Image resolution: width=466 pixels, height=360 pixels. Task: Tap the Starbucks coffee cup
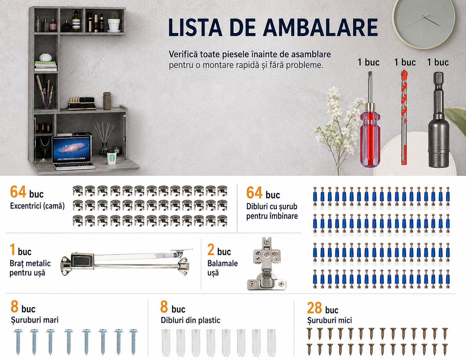pyautogui.click(x=111, y=157)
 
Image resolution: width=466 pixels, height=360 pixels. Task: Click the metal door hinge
pyautogui.click(x=266, y=264)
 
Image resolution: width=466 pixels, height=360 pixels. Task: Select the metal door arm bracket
pyautogui.click(x=126, y=262)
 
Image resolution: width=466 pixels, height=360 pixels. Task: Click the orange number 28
pyautogui.click(x=314, y=308)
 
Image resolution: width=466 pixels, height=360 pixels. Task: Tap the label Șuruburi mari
pyautogui.click(x=35, y=320)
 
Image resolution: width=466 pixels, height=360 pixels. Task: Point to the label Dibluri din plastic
pyautogui.click(x=190, y=320)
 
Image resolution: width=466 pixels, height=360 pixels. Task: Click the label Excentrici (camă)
pyautogui.click(x=37, y=206)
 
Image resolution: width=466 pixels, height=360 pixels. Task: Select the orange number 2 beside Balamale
pyautogui.click(x=211, y=250)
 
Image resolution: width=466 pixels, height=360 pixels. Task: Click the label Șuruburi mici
pyautogui.click(x=329, y=320)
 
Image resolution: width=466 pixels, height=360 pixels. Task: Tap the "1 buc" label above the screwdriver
pyautogui.click(x=369, y=62)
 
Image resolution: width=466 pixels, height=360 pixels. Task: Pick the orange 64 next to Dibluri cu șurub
pyautogui.click(x=254, y=192)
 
